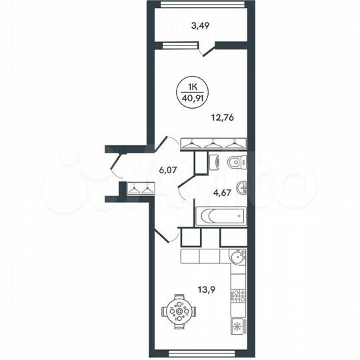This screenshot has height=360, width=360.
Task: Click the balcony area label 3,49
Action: (x=200, y=27)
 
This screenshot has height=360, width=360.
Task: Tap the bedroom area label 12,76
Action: (x=223, y=120)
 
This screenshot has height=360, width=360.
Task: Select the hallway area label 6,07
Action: (x=168, y=170)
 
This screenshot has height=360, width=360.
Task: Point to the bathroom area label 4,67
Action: (x=221, y=195)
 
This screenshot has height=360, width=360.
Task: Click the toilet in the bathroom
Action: (x=235, y=161)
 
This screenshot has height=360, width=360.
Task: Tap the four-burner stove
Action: (x=238, y=295)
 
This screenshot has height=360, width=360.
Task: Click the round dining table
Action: (x=178, y=311)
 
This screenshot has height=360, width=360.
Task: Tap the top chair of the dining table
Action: (x=178, y=297)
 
